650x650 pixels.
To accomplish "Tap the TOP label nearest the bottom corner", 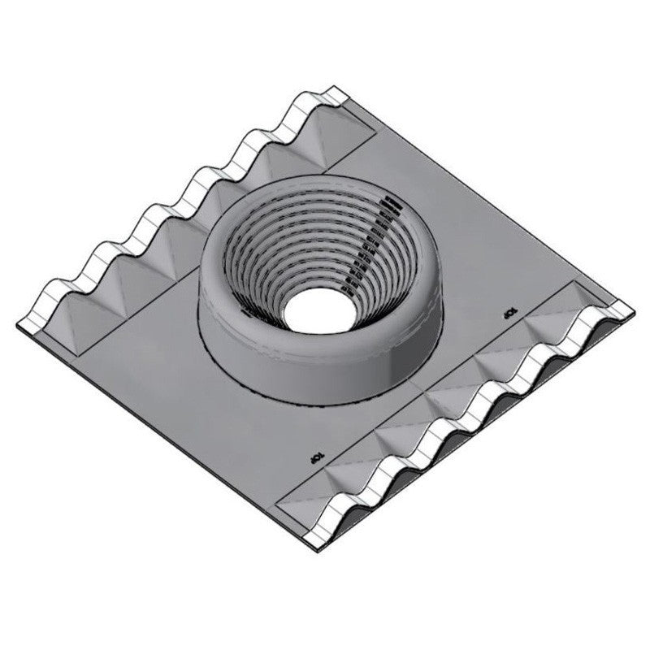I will pos(318,459).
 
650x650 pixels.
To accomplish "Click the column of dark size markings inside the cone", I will pos(370,244).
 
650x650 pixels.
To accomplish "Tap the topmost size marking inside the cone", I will pos(393,199).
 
